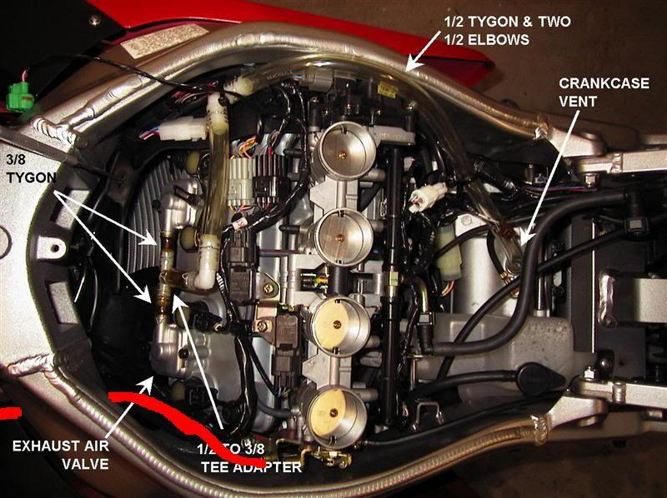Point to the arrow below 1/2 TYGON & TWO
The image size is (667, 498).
click(x=429, y=50)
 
